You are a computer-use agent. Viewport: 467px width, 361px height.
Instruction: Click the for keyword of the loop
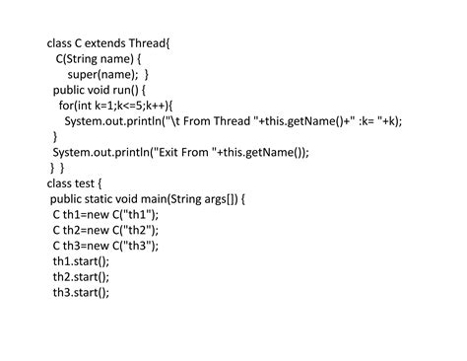66,106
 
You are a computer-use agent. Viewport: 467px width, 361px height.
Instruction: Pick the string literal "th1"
140,214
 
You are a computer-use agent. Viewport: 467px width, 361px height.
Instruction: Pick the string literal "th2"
140,230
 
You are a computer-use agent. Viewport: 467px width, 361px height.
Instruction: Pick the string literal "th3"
140,246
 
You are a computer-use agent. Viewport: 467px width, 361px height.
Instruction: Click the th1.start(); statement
81,260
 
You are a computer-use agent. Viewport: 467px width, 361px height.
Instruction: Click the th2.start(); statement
81,276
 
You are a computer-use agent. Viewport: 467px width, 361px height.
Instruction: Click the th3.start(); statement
81,292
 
